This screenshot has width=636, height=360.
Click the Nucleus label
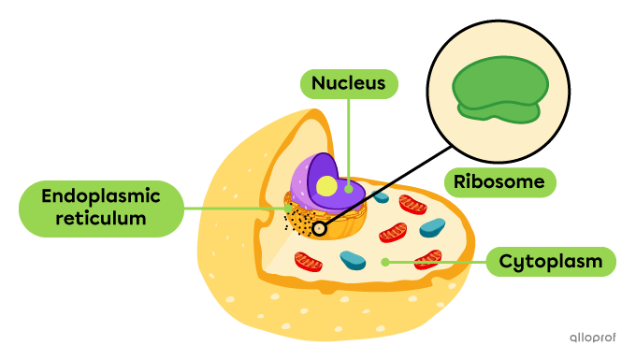pyautogui.click(x=349, y=83)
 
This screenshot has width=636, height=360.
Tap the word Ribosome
pyautogui.click(x=499, y=181)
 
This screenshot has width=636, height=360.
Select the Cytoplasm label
pyautogui.click(x=550, y=261)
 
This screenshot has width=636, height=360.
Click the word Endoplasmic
pyautogui.click(x=101, y=196)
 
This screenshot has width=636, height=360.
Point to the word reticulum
pyautogui.click(x=101, y=219)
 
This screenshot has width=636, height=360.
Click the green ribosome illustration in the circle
pyautogui.click(x=499, y=90)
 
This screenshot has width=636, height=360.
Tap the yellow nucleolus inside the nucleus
pyautogui.click(x=326, y=186)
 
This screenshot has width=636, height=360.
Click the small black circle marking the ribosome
pyautogui.click(x=320, y=227)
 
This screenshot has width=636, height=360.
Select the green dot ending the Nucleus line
pyautogui.click(x=349, y=188)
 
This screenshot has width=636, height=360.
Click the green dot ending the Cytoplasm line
pyautogui.click(x=384, y=262)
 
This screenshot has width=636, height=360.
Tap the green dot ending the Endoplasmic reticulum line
pyautogui.click(x=287, y=209)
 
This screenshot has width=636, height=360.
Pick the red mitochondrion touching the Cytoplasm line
pyautogui.click(x=428, y=259)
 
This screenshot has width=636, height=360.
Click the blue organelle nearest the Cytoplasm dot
pyautogui.click(x=353, y=259)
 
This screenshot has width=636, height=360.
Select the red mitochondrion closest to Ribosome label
pyautogui.click(x=412, y=204)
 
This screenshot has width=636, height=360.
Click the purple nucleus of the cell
pyautogui.click(x=313, y=178)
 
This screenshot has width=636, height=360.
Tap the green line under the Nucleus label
pyautogui.click(x=349, y=140)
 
